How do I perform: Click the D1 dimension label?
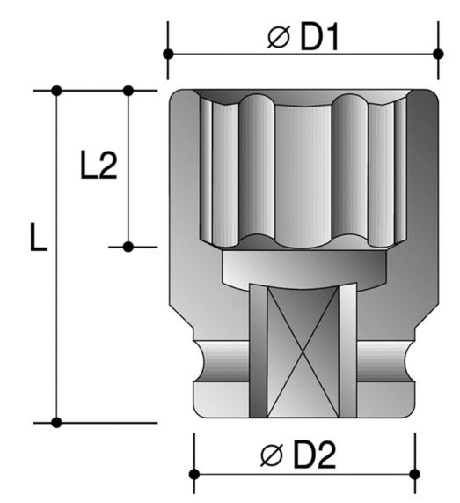[319, 38]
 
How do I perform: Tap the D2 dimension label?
[315, 455]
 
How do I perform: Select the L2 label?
[99, 165]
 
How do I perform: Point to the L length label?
[39, 237]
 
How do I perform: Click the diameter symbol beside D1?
[279, 38]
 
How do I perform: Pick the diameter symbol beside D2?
[272, 455]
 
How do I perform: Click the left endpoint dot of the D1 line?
[168, 54]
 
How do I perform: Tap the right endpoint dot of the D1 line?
[438, 54]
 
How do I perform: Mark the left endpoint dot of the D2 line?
[194, 474]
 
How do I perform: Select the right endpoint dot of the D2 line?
[415, 474]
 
